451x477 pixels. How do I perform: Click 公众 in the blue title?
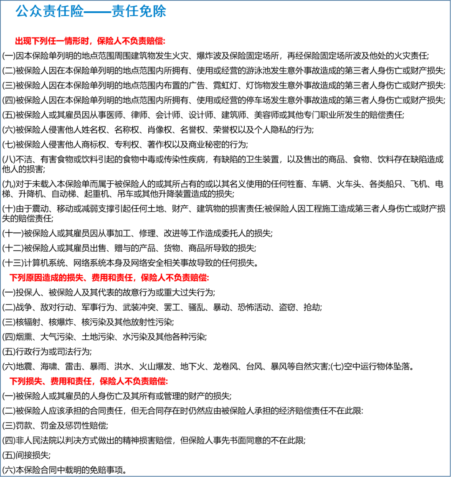pyautogui.click(x=29, y=12)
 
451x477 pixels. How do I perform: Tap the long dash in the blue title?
pyautogui.click(x=97, y=12)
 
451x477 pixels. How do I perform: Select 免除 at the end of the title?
pyautogui.click(x=153, y=12)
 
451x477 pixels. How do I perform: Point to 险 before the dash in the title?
pyautogui.click(x=77, y=12)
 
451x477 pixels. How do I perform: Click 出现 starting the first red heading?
pyautogui.click(x=23, y=41)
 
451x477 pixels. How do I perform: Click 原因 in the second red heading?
pyautogui.click(x=35, y=278)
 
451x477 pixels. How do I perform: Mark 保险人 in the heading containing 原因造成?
pyautogui.click(x=153, y=278)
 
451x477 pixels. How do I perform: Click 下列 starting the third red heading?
pyautogui.click(x=18, y=381)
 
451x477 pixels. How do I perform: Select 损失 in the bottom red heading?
pyautogui.click(x=34, y=381)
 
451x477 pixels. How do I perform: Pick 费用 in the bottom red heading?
pyautogui.click(x=58, y=381)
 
